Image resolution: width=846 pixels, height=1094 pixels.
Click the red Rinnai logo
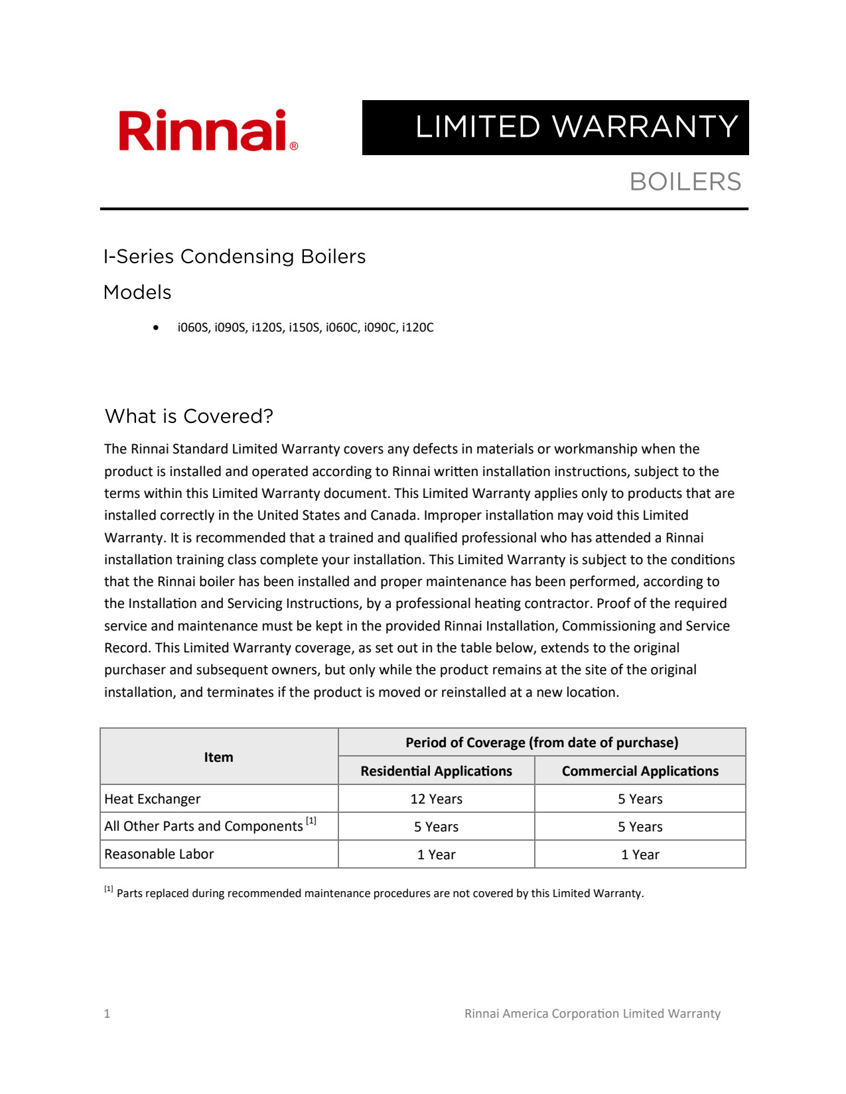208,131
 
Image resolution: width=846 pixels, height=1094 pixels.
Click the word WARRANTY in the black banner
645,127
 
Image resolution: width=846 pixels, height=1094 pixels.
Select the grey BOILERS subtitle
685,182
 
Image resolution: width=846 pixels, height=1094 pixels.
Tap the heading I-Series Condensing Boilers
234,257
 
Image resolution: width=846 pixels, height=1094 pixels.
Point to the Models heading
137,292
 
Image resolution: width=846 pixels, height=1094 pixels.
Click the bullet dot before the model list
156,328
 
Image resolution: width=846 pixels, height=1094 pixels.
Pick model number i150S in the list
305,328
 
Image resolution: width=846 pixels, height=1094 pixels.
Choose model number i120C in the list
418,328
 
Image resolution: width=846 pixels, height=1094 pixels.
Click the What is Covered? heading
189,416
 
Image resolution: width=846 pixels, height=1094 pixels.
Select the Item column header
218,757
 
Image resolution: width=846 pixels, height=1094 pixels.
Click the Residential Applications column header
436,771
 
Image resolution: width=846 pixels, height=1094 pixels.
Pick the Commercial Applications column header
640,771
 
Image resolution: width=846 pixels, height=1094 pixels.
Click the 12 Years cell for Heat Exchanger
436,799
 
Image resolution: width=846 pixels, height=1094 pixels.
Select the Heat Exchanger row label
153,799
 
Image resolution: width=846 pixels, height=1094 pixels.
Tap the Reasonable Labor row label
159,854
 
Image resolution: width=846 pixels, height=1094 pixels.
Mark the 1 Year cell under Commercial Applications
640,855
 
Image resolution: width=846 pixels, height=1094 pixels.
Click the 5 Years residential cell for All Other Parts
436,827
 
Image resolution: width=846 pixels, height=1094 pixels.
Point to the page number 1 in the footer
107,1013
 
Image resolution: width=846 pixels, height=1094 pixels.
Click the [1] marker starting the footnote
109,889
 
